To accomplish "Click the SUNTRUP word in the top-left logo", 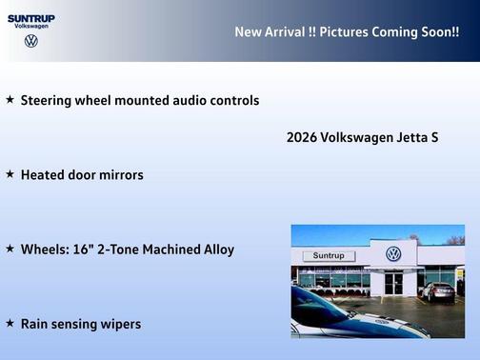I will point(31,17).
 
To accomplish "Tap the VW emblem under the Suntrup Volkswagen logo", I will point(31,41).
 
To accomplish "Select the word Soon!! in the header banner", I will point(437,31).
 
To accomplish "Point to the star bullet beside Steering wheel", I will point(10,99).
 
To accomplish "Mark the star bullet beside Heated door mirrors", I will point(10,174).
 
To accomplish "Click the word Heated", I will point(44,175).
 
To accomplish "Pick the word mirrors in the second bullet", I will point(121,175).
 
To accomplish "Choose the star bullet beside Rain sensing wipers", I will point(10,324).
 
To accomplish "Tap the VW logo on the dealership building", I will point(393,254).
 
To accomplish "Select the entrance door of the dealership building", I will point(393,283).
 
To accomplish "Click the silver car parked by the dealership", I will point(438,291).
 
